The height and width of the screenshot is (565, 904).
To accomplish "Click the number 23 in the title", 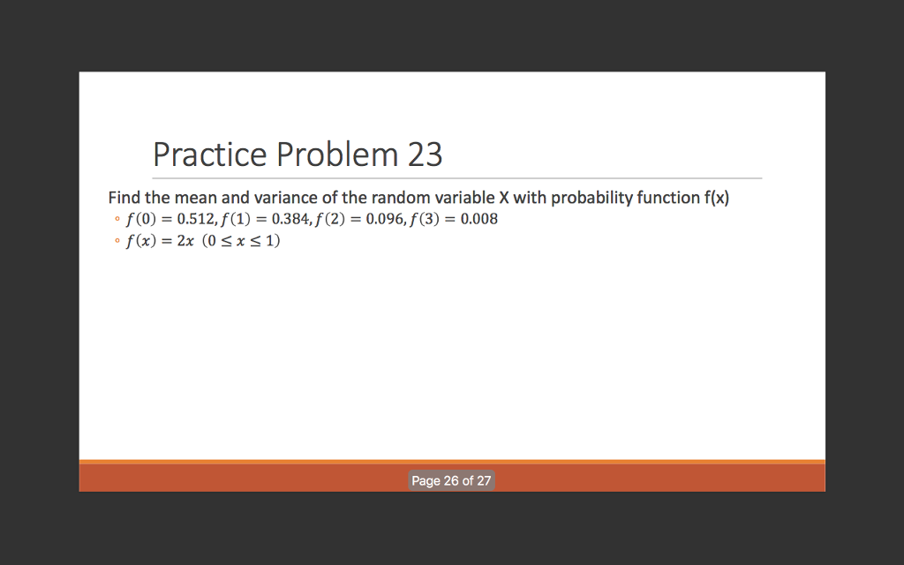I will point(425,154).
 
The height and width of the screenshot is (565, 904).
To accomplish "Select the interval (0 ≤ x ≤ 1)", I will point(241,241).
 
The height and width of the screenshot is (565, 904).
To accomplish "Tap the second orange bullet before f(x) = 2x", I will point(116,242).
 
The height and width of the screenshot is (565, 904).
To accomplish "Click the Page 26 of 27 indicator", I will point(451,481).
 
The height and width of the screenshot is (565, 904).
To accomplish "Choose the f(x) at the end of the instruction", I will point(716,198).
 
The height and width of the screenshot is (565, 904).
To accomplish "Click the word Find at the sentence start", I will point(124,198).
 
